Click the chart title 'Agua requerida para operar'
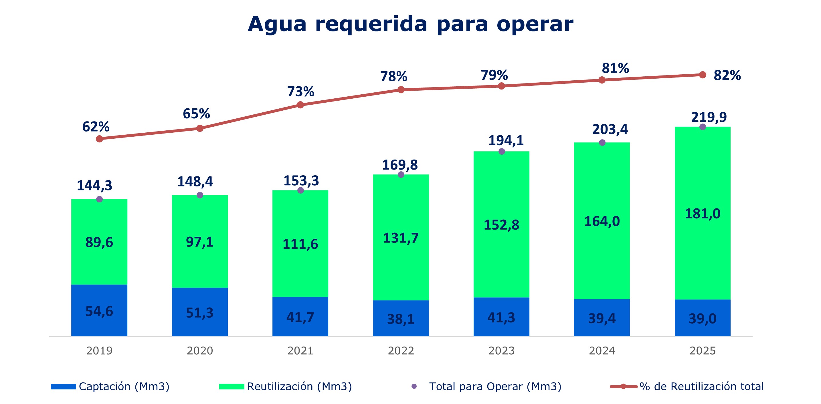410,24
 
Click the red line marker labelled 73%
300,105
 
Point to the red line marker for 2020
200,128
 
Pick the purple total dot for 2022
401,174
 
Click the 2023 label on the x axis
501,351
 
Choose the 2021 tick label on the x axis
300,351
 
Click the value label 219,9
709,117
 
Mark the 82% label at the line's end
727,75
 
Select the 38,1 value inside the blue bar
401,319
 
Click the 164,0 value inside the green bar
602,221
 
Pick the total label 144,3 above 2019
95,185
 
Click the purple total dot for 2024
602,143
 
